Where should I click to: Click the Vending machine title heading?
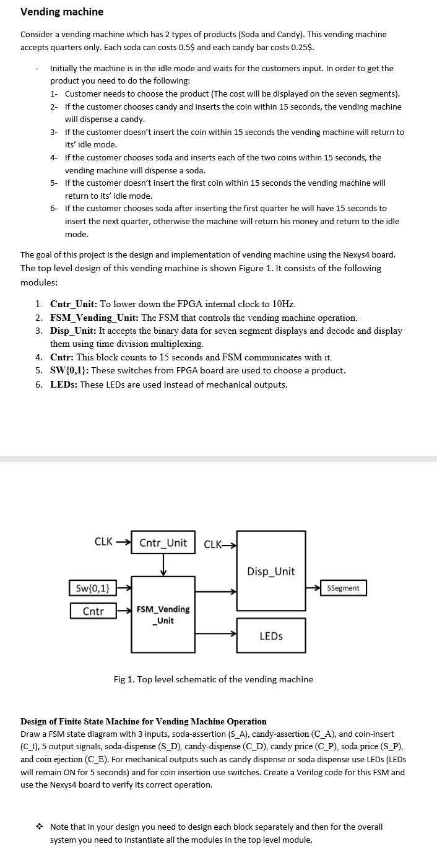click(62, 12)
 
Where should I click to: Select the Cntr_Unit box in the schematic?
click(163, 543)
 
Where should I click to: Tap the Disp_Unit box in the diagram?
click(271, 572)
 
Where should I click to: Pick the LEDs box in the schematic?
click(271, 636)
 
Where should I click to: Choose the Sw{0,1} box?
click(93, 588)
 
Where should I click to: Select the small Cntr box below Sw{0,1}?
click(93, 611)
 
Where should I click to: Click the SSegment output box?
click(343, 588)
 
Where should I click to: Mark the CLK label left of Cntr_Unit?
click(103, 542)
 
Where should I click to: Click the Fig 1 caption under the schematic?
click(214, 679)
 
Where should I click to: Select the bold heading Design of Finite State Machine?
click(144, 721)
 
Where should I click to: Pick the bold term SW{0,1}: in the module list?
click(69, 370)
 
